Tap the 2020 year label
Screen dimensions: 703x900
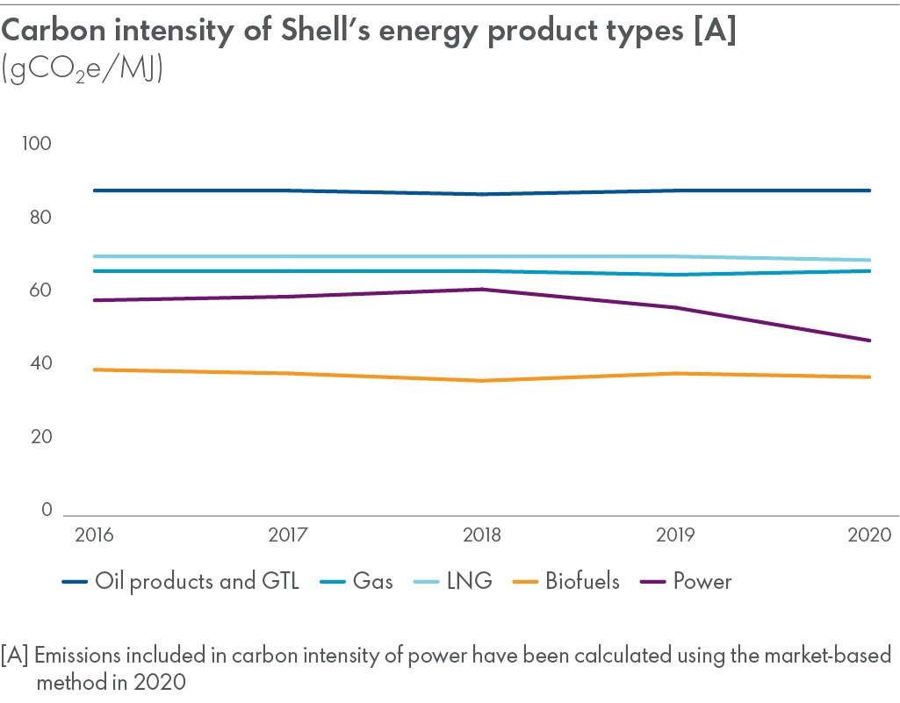(870, 534)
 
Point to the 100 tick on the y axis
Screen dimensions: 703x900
(38, 144)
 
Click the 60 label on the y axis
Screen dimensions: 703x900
(41, 291)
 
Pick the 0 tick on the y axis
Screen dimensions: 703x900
(47, 510)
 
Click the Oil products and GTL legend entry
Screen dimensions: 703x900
(181, 581)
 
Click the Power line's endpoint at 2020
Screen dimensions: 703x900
(870, 340)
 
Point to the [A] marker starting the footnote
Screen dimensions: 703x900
(16, 656)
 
